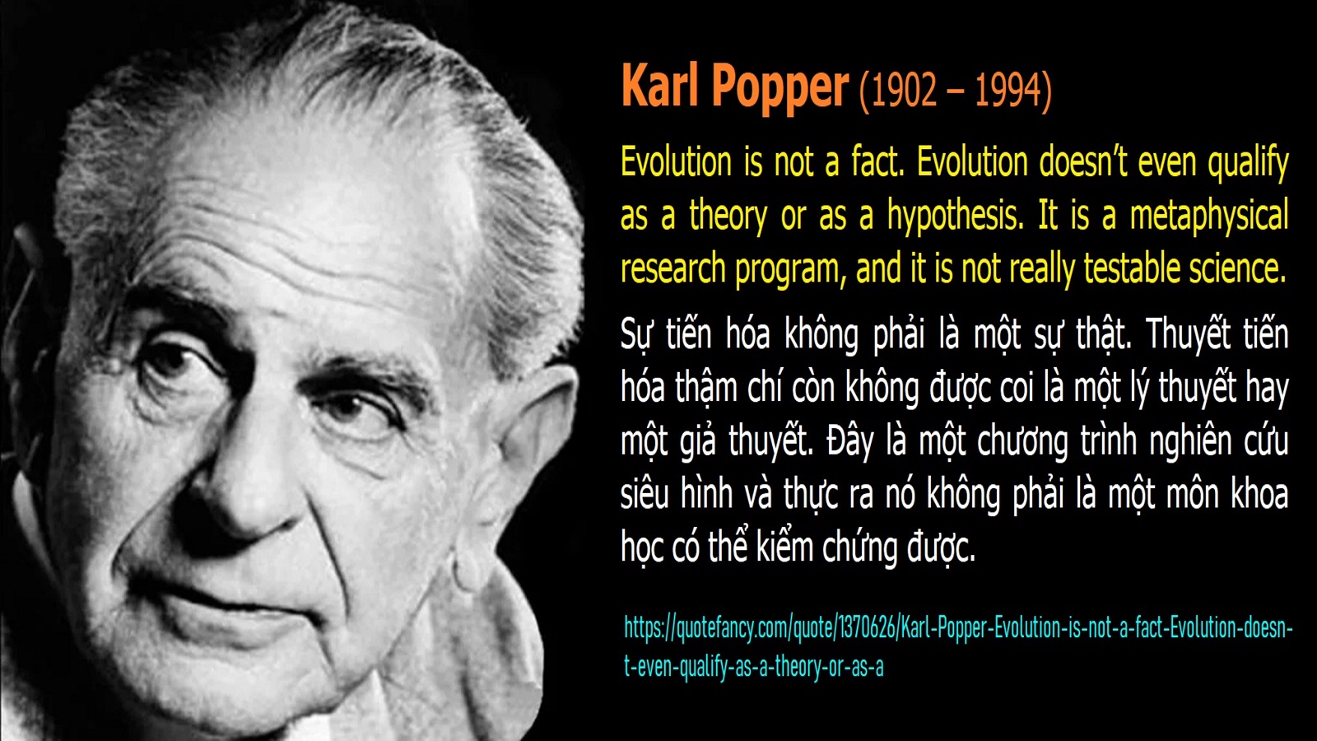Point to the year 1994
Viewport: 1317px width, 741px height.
(x=1009, y=90)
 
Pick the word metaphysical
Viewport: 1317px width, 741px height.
(x=1209, y=216)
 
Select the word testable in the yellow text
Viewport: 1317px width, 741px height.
(x=1130, y=268)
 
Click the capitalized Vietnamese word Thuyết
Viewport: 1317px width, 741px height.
(x=1188, y=334)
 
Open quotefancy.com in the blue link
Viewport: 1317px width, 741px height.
(x=732, y=628)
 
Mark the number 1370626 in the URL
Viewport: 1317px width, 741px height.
(x=865, y=628)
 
